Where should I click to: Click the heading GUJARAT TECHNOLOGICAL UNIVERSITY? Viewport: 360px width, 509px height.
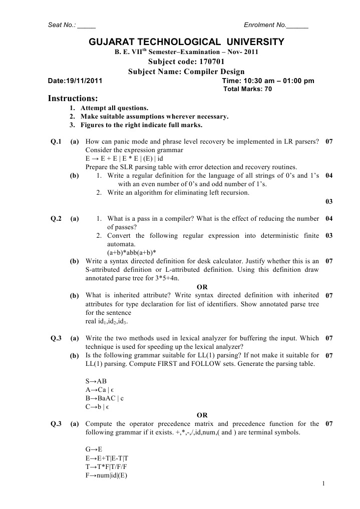pyautogui.click(x=186, y=42)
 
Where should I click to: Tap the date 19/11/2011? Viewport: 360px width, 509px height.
pyautogui.click(x=85, y=81)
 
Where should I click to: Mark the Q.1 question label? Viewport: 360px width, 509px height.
pyautogui.click(x=56, y=142)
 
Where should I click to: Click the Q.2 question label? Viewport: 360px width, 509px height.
pyautogui.click(x=56, y=218)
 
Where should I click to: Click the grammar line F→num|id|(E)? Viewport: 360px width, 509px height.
pyautogui.click(x=107, y=474)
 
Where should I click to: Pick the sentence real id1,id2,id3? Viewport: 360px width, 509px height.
pyautogui.click(x=107, y=321)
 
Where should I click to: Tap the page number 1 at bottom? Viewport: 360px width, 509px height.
pyautogui.click(x=324, y=483)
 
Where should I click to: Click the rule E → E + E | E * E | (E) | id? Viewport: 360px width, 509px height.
pyautogui.click(x=122, y=159)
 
